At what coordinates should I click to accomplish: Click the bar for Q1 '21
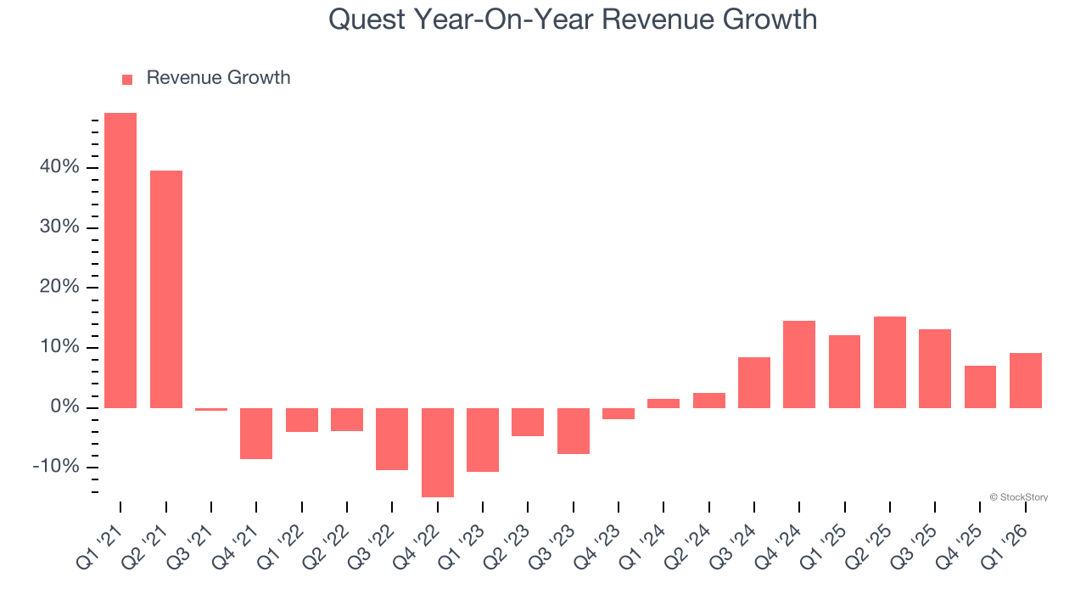[120, 261]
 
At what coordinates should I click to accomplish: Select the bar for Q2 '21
[166, 289]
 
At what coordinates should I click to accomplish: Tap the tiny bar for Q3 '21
[211, 409]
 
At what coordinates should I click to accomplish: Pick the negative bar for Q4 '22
[438, 452]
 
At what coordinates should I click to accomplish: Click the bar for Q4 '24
[799, 364]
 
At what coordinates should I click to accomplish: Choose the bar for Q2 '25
[890, 362]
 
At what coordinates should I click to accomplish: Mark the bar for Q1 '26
[1026, 380]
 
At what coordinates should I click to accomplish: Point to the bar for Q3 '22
[392, 439]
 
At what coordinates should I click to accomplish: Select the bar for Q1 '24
[663, 403]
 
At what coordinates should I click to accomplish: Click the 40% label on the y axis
[59, 168]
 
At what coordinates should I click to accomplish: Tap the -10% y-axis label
[56, 468]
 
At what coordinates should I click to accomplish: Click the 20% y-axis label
[59, 288]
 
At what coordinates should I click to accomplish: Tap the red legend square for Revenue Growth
[127, 80]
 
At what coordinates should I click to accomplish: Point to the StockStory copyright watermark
[1018, 497]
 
